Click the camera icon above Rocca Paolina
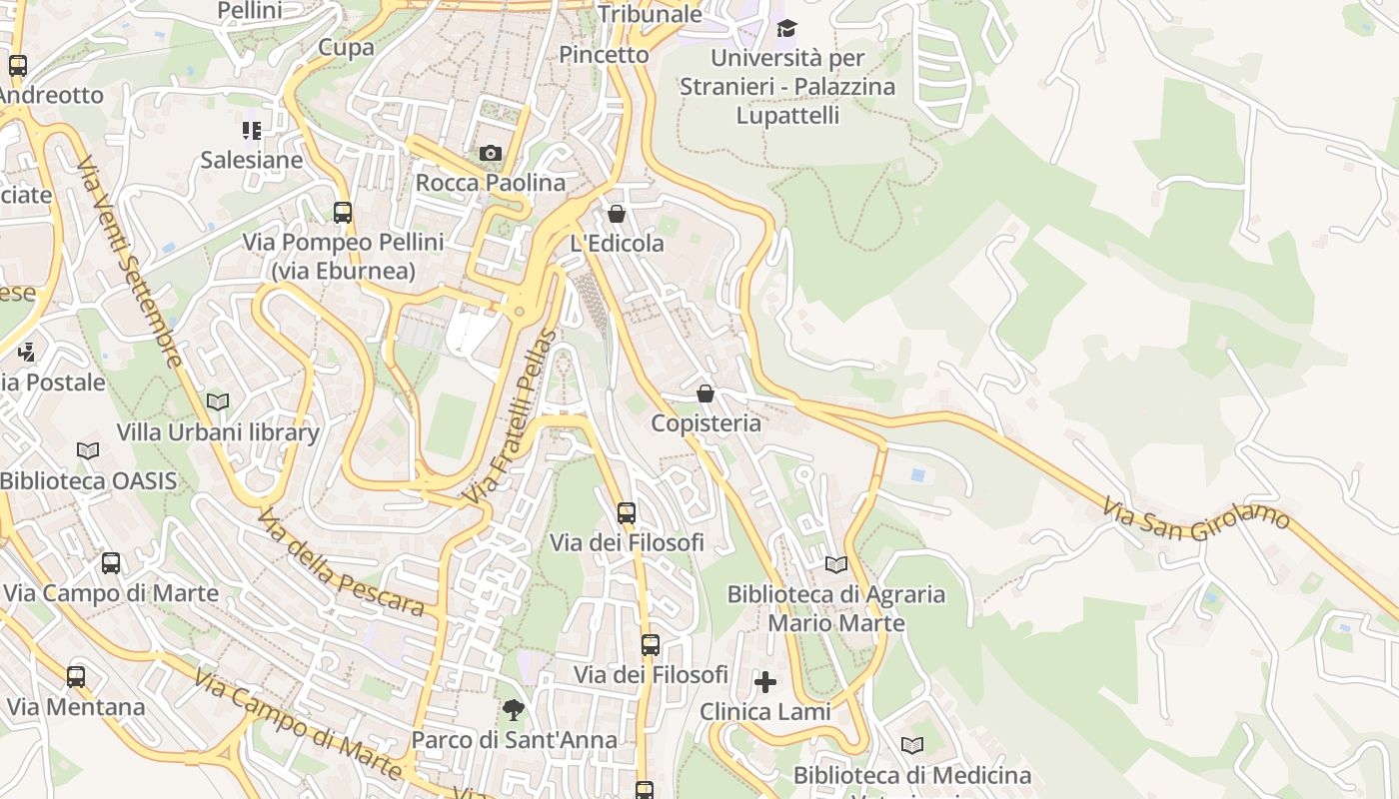[x=490, y=153]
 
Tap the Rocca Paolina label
[x=490, y=183]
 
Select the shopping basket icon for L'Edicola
[x=617, y=214]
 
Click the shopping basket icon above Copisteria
[x=705, y=394]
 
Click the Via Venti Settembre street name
[x=130, y=262]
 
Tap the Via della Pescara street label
[x=340, y=562]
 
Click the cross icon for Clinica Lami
[x=765, y=682]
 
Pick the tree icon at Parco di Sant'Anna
[x=514, y=710]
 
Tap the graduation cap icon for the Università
[x=787, y=28]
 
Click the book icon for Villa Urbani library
[x=217, y=401]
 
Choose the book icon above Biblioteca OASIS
[x=88, y=450]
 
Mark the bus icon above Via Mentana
[x=76, y=676]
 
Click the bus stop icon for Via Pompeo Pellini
[x=343, y=212]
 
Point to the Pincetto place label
[x=604, y=54]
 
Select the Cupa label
[x=346, y=47]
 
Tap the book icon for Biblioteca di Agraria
[x=836, y=564]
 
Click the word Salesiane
[x=251, y=160]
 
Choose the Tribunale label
[x=650, y=14]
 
